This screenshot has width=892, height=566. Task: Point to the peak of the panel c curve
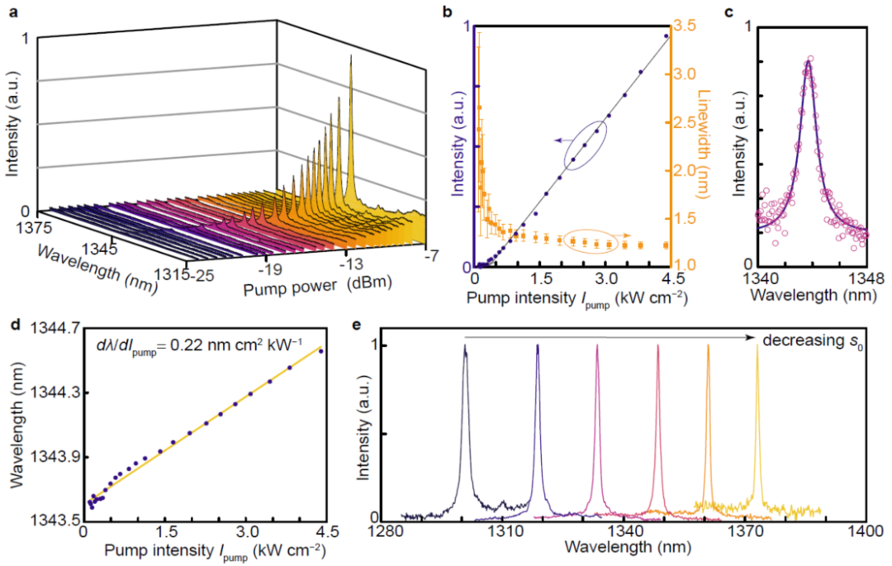pos(808,61)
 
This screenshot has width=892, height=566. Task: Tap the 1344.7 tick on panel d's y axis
pos(54,328)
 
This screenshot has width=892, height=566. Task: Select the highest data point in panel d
pos(320,351)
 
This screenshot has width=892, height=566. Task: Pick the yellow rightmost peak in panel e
pos(757,347)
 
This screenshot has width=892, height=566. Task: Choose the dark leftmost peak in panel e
pos(465,348)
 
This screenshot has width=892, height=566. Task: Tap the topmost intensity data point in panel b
pos(667,36)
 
